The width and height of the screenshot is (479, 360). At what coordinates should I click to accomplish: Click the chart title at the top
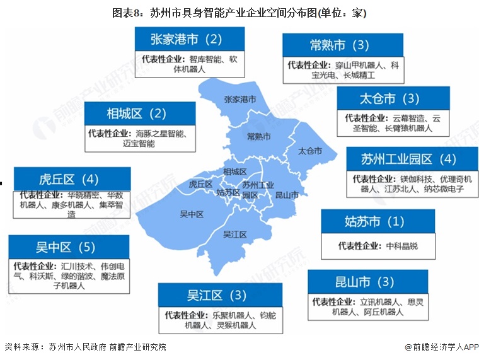[239, 12]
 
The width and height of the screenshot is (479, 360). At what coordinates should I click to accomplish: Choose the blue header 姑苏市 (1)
[374, 222]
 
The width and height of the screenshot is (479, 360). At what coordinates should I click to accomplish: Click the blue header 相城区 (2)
[136, 113]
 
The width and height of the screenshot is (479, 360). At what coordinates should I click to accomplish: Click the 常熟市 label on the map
[258, 137]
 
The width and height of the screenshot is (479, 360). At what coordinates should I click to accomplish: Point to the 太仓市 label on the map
[309, 151]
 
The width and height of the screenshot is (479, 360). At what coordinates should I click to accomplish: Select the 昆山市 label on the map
[287, 195]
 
